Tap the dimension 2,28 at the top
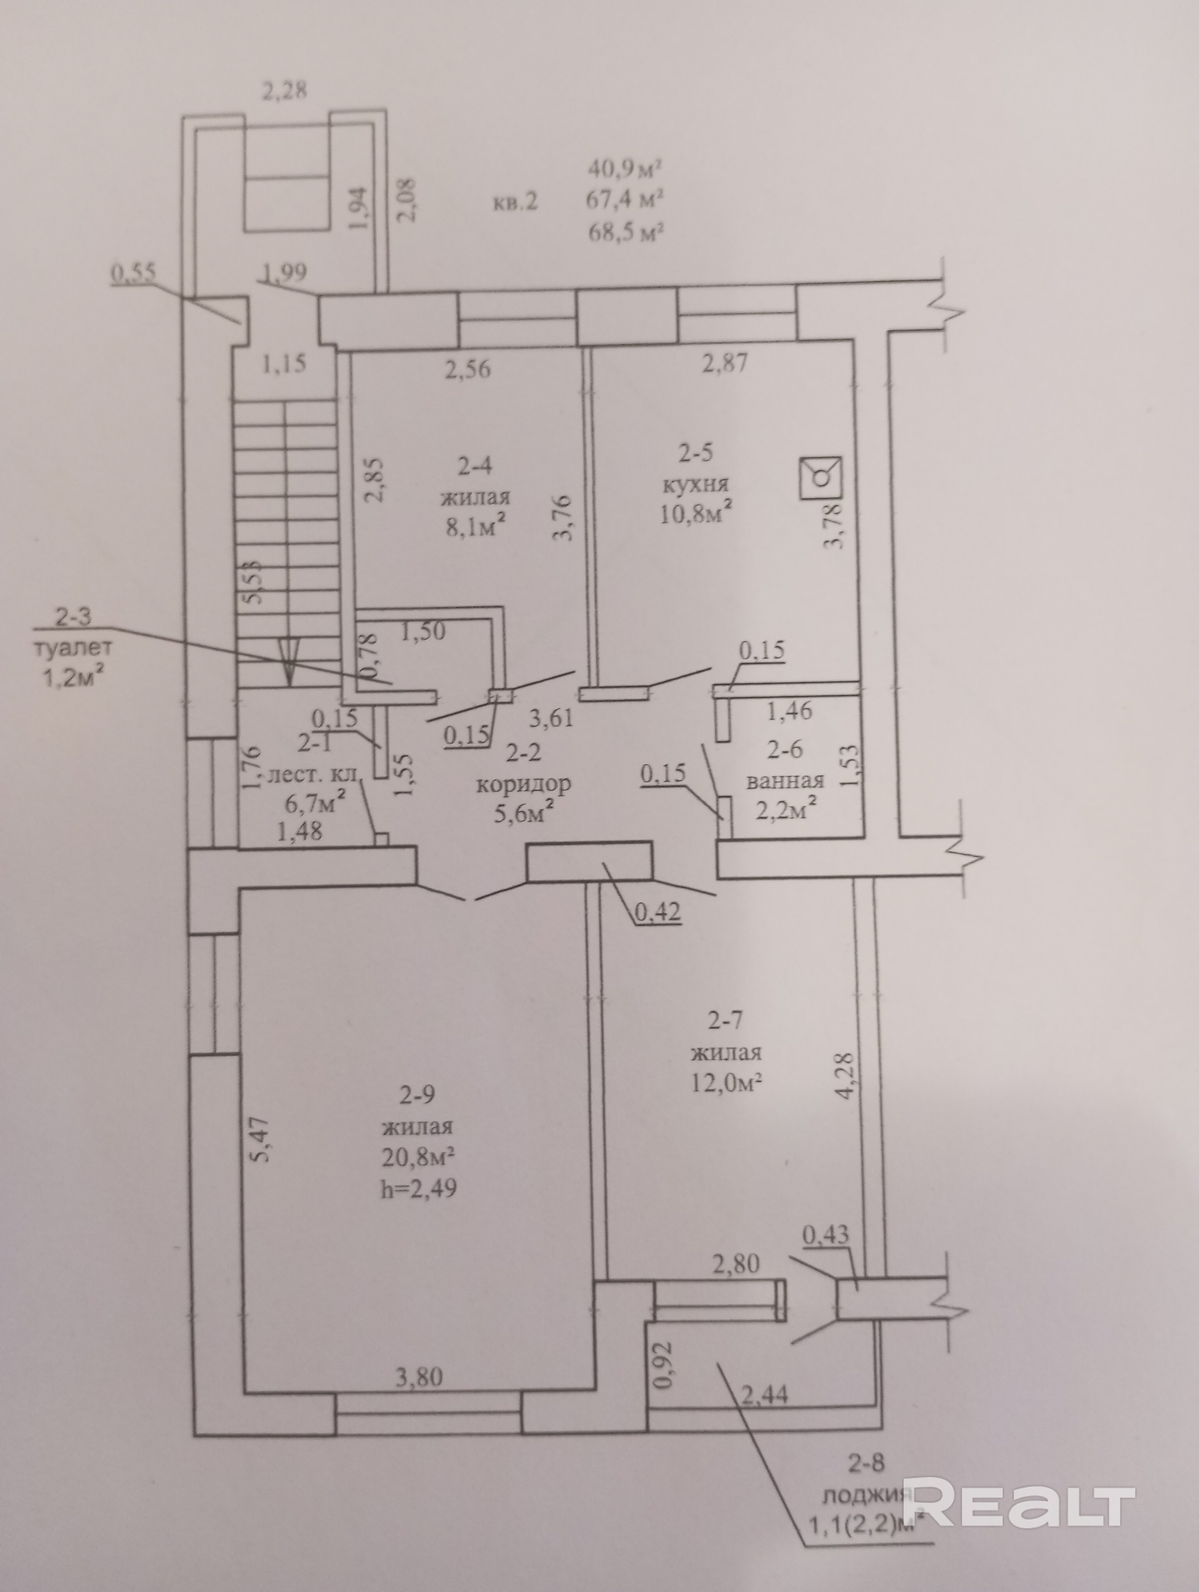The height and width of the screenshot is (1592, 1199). pos(283,91)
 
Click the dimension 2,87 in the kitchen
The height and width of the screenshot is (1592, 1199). pos(725,362)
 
